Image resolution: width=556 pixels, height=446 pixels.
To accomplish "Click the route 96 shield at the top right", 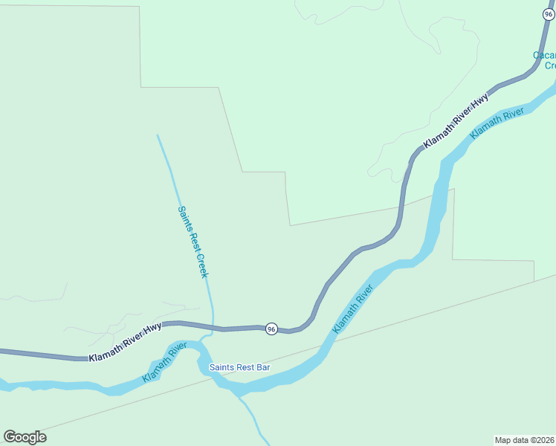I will pyautogui.click(x=549, y=14).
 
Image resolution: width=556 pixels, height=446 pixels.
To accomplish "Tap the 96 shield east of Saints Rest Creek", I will pyautogui.click(x=271, y=329).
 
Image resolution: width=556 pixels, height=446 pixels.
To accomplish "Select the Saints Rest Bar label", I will pyautogui.click(x=239, y=367).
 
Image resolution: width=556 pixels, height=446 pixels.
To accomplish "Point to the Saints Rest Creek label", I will pyautogui.click(x=193, y=242).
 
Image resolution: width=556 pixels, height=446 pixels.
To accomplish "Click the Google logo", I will pyautogui.click(x=25, y=437).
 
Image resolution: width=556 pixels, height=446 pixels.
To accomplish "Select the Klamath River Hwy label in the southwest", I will pyautogui.click(x=125, y=343).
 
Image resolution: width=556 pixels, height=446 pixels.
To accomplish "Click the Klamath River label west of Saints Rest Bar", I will pyautogui.click(x=164, y=362).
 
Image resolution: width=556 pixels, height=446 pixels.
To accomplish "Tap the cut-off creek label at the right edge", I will pyautogui.click(x=545, y=60).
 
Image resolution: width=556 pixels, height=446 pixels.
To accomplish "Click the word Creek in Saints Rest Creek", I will pyautogui.click(x=201, y=265).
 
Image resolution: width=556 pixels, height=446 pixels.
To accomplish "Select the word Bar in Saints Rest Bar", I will pyautogui.click(x=262, y=367).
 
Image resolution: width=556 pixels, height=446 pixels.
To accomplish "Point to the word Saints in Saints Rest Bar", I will pyautogui.click(x=222, y=367).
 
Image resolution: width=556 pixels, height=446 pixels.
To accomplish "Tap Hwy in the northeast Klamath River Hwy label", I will pyautogui.click(x=481, y=99).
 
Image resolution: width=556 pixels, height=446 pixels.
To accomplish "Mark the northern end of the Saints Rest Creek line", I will pyautogui.click(x=158, y=135).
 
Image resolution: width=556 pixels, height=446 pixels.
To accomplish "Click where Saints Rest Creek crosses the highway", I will pyautogui.click(x=213, y=327).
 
